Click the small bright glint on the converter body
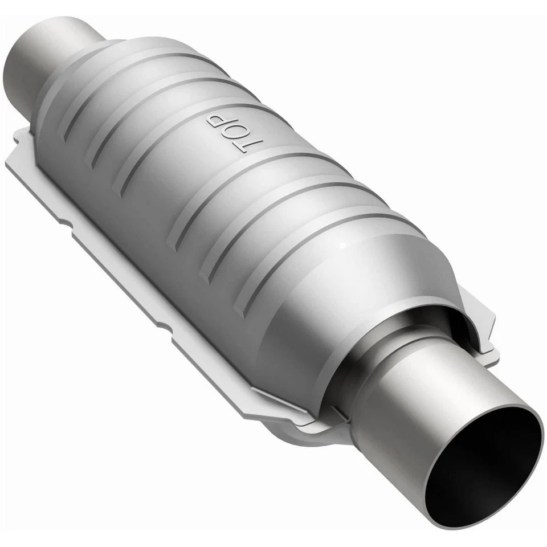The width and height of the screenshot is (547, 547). (342, 245)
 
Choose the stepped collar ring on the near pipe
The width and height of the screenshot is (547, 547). (370, 365)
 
